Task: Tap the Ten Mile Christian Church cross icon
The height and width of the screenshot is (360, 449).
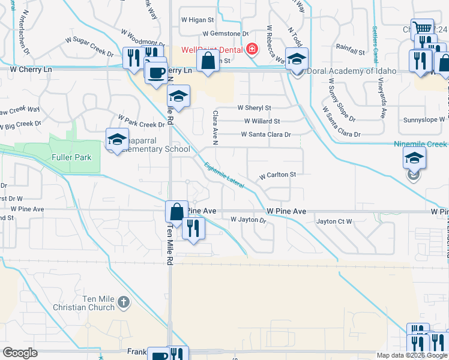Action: (x=123, y=301)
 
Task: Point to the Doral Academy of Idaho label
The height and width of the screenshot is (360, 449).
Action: (x=351, y=71)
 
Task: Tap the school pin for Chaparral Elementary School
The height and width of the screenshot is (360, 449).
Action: (x=118, y=139)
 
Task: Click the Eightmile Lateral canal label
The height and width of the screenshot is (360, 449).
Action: (x=224, y=176)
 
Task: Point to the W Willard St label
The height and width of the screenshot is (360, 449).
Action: (x=262, y=121)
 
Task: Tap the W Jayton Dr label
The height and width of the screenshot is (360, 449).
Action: (x=248, y=220)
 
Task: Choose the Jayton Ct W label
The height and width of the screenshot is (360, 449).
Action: (x=334, y=221)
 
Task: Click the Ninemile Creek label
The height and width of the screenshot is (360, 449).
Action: (x=420, y=144)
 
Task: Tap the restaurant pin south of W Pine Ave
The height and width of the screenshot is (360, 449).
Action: (x=193, y=228)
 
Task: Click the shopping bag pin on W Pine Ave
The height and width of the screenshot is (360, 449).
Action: (x=176, y=212)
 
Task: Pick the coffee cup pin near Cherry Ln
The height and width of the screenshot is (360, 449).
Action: (x=157, y=73)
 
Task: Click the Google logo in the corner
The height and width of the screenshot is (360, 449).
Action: (x=20, y=353)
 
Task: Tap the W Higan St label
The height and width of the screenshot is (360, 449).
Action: (x=193, y=20)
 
